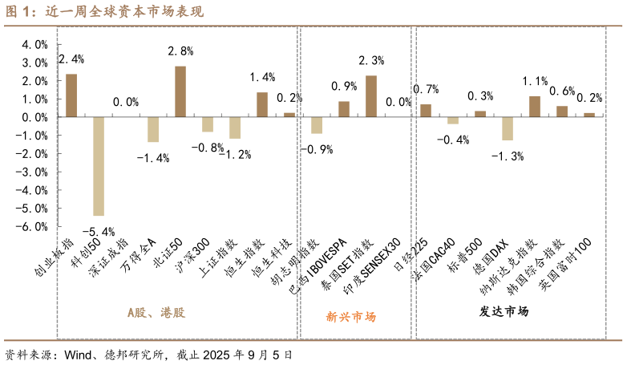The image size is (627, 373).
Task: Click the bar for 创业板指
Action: click(71, 95)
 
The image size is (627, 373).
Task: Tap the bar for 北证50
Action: click(180, 91)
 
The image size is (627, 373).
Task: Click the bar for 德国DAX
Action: click(508, 128)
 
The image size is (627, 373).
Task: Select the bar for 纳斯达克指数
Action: click(535, 107)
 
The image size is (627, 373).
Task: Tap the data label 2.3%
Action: click(370, 60)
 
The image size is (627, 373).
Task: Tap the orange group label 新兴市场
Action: click(350, 316)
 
